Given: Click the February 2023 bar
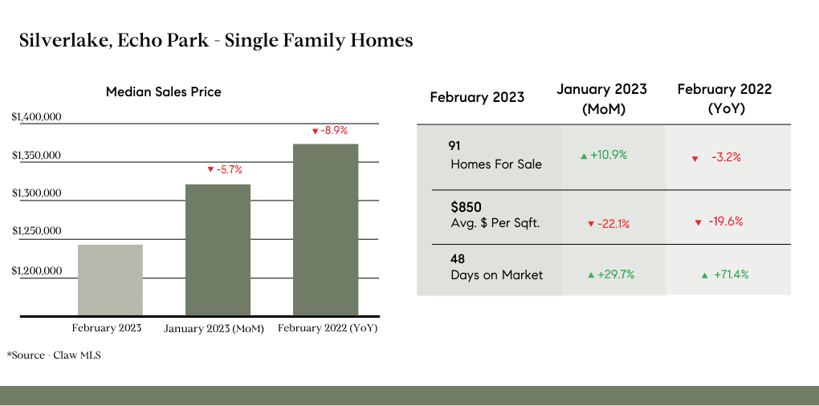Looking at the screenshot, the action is [110, 280].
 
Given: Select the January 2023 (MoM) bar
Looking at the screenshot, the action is [218, 250].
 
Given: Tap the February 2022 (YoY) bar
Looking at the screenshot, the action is [325, 229].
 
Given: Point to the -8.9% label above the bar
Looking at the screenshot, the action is [329, 131].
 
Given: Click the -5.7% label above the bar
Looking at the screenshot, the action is [225, 169].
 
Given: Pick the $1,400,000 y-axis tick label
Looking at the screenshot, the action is [36, 117].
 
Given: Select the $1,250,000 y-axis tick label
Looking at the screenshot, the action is [36, 230].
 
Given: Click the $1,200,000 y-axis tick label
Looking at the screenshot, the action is [36, 271].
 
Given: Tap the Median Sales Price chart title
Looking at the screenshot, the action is [164, 92].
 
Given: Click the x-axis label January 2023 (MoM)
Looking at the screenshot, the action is [214, 329].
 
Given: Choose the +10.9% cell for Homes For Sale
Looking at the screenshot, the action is [604, 155].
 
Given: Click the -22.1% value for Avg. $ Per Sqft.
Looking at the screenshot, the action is [609, 224].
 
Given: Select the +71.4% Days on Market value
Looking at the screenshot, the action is [725, 274].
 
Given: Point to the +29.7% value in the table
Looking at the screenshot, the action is [610, 274].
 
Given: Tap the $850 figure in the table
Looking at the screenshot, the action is [466, 207].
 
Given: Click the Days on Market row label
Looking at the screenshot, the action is [497, 275].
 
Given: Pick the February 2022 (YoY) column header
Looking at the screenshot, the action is [724, 99].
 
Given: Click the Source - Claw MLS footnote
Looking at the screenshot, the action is [54, 355].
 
